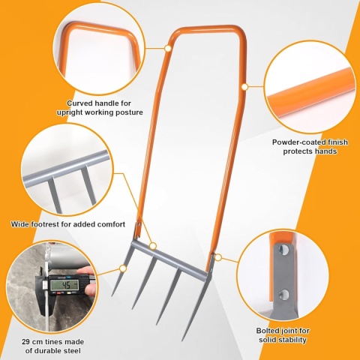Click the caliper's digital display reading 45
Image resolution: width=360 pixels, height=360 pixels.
[64, 284]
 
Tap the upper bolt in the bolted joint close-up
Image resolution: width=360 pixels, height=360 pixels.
[283, 249]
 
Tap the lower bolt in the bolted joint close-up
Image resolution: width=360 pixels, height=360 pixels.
[283, 295]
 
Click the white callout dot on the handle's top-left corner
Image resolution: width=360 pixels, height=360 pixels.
[167, 48]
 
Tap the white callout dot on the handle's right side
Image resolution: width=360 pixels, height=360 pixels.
[244, 87]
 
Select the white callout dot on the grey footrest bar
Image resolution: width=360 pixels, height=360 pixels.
[153, 246]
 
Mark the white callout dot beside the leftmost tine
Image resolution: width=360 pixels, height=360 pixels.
[123, 268]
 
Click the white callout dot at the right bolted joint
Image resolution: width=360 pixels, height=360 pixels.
[218, 257]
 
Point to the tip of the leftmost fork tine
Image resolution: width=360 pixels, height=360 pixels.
[112, 296]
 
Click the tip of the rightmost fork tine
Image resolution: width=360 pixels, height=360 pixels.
[182, 340]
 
